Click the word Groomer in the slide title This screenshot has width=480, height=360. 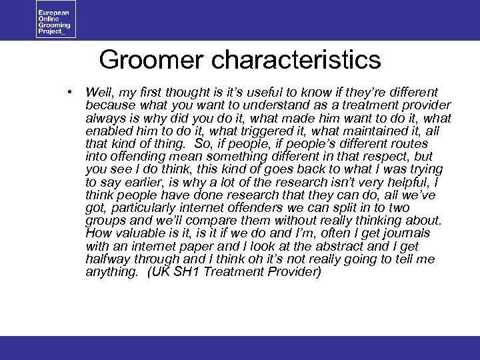tap(152, 60)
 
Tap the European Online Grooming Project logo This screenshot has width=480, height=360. tap(57, 19)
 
